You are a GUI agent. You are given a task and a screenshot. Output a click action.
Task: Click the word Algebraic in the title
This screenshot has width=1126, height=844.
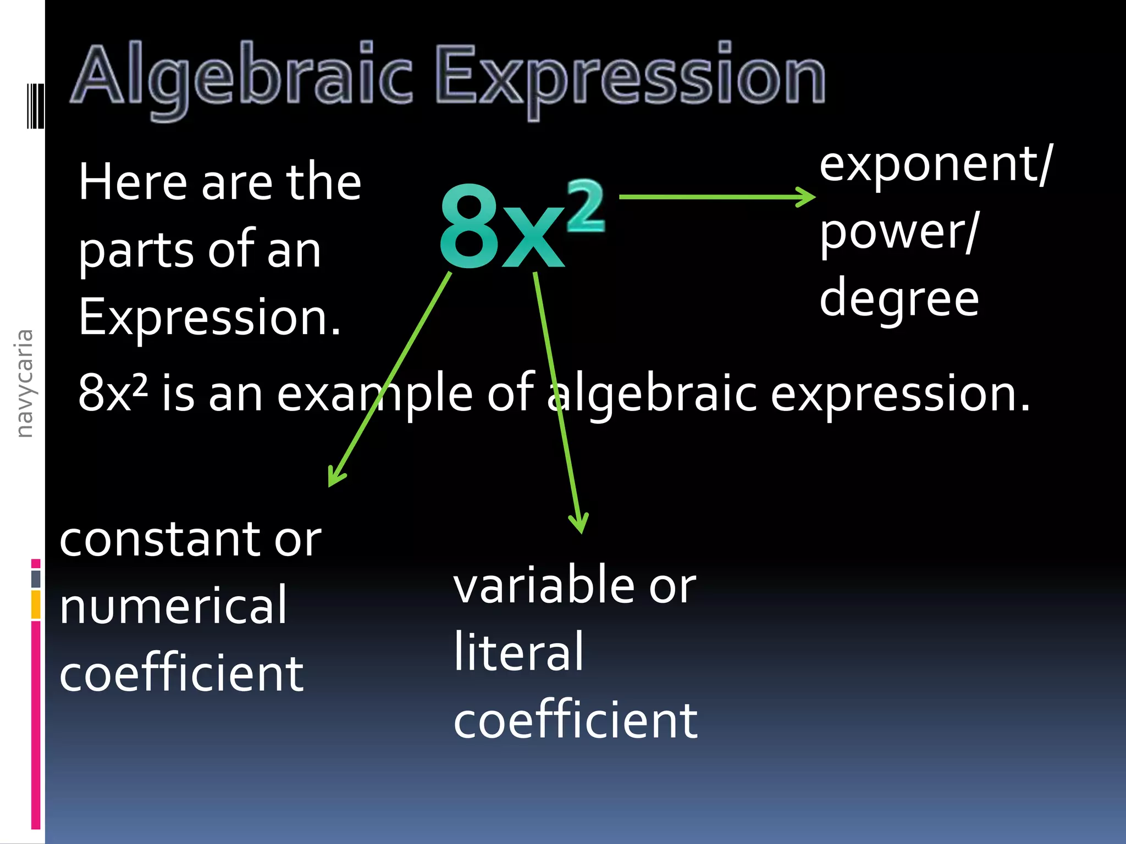click(242, 77)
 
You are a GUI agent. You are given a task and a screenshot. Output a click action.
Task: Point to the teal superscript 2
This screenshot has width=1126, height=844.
click(586, 206)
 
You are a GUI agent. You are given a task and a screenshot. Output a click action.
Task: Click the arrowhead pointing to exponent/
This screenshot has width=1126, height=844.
click(807, 197)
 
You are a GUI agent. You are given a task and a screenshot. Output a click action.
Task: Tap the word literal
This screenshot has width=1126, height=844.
click(518, 653)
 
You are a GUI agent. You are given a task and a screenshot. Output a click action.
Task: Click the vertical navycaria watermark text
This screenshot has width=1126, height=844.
click(24, 384)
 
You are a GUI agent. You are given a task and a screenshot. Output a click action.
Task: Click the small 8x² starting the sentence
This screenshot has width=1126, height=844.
click(113, 392)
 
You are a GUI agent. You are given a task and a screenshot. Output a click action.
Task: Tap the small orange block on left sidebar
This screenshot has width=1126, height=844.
click(36, 604)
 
